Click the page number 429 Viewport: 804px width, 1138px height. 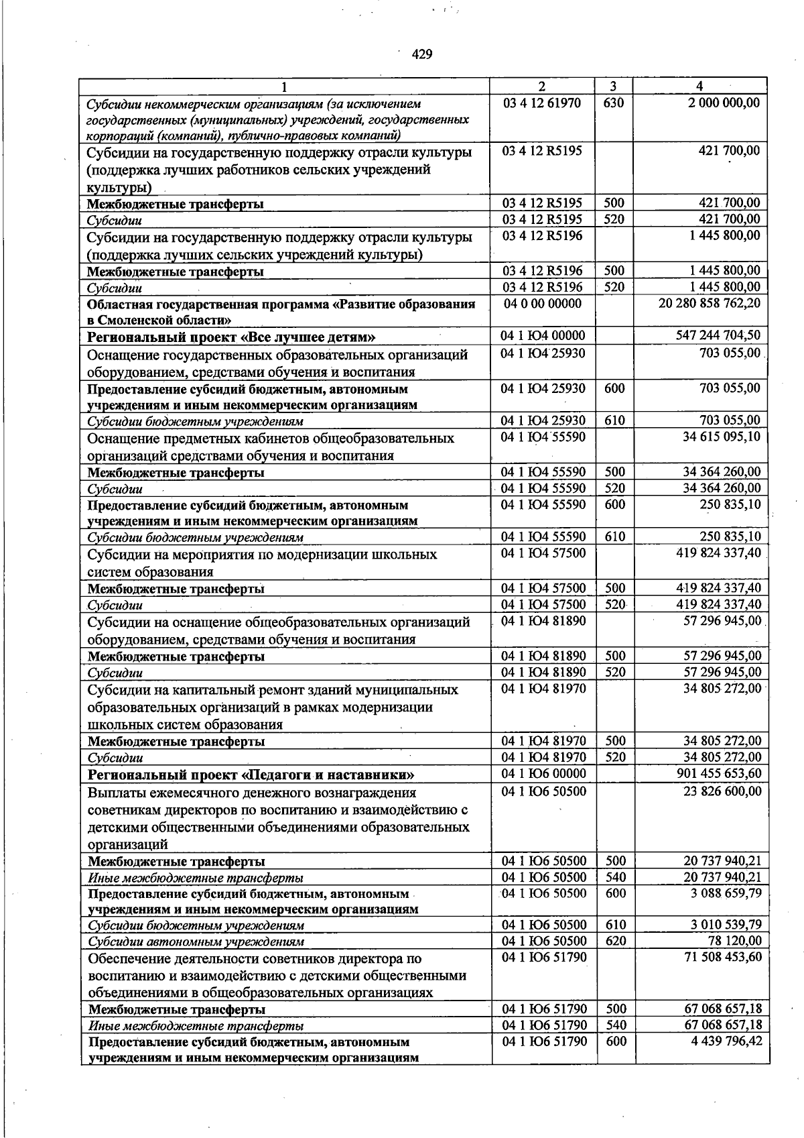421,54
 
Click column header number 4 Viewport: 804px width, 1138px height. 699,86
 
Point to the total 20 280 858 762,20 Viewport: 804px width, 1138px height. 710,303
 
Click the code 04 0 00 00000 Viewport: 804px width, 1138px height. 542,303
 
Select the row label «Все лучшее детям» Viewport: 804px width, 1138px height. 231,337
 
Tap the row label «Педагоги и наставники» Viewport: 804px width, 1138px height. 251,775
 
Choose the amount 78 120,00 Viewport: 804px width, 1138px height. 735,940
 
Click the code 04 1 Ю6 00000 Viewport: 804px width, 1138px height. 543,773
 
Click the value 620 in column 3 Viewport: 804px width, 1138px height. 615,940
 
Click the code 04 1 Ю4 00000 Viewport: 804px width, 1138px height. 543,335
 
